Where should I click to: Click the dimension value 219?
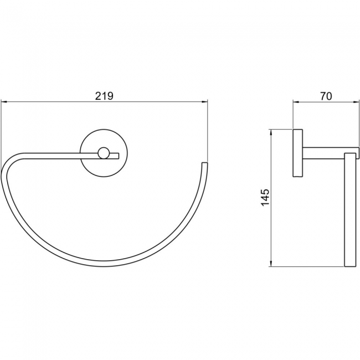(x=104, y=96)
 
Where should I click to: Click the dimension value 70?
(x=326, y=96)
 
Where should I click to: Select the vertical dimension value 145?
(x=265, y=198)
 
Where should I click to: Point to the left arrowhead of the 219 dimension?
(x=4, y=102)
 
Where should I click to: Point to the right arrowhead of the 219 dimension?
(x=204, y=102)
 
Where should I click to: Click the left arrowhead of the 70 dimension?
(x=296, y=102)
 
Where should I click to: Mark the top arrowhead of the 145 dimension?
(x=271, y=133)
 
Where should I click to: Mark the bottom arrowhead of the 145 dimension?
(x=271, y=263)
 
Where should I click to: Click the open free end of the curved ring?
(x=204, y=163)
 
